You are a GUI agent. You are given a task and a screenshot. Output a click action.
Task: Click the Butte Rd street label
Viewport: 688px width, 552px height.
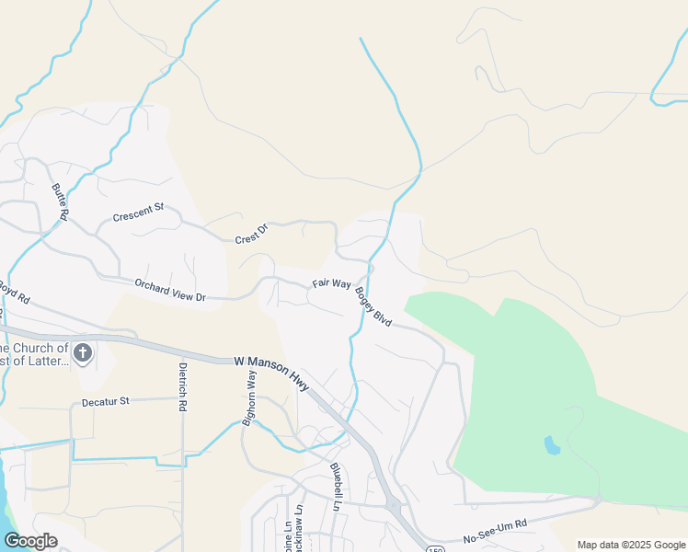click(x=60, y=201)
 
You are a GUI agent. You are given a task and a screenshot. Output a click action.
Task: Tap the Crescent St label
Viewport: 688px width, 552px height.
click(x=137, y=213)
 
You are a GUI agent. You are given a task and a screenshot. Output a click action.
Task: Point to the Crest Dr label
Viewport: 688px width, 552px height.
click(x=250, y=234)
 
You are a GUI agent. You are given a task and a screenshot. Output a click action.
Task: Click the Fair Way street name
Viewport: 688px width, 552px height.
click(x=331, y=284)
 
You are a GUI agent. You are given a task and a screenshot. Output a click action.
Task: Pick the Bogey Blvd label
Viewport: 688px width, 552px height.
click(x=374, y=308)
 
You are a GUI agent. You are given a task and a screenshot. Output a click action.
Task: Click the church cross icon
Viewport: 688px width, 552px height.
click(x=83, y=352)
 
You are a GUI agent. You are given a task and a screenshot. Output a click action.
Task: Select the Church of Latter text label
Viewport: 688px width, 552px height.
click(x=34, y=354)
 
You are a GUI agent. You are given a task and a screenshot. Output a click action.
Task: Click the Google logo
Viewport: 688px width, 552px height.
click(x=30, y=540)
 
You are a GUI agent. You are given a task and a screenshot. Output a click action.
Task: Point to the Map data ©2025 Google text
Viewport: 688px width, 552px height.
click(x=630, y=545)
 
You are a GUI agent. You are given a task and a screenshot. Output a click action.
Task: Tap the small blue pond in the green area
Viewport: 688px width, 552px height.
click(x=552, y=445)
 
